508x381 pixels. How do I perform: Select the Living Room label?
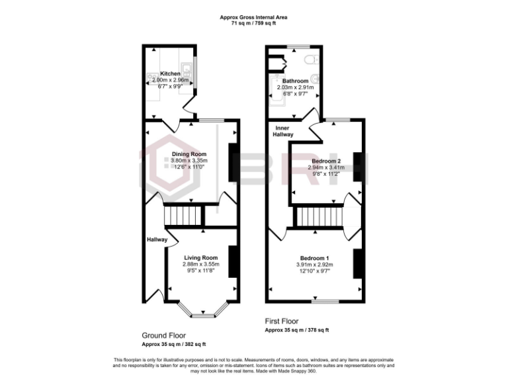(x=201, y=257)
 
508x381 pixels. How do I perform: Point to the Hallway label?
(x=157, y=239)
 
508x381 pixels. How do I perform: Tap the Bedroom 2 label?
(x=326, y=161)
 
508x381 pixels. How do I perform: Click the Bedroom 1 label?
(x=314, y=257)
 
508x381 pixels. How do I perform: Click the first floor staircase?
(x=320, y=216)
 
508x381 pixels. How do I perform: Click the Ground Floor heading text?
(x=164, y=335)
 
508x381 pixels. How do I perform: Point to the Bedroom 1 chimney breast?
(x=357, y=263)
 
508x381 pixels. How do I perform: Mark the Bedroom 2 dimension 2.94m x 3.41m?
(x=326, y=168)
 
